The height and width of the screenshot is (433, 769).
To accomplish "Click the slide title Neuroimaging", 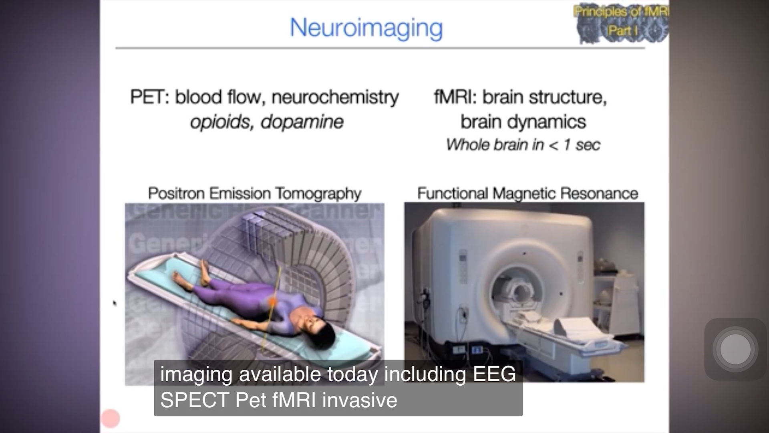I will [366, 28].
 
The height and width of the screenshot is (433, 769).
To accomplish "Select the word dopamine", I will [302, 122].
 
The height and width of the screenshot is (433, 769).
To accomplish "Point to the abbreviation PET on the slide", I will [147, 97].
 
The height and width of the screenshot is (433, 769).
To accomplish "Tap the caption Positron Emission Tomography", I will [255, 194].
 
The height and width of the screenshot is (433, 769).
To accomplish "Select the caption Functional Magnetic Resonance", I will [527, 194].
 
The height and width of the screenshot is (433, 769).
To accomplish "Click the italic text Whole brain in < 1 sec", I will [523, 145].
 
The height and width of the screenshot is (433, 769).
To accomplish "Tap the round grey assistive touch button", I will [735, 349].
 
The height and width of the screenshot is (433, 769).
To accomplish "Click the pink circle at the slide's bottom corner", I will [111, 419].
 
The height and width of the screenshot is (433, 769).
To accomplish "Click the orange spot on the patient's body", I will [272, 301].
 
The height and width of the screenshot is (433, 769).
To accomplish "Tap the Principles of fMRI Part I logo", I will [622, 22].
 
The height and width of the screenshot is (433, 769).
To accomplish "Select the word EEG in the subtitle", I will [494, 374].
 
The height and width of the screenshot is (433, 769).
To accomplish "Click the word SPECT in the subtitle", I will [195, 400].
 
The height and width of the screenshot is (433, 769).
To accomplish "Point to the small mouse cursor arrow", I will [115, 303].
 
